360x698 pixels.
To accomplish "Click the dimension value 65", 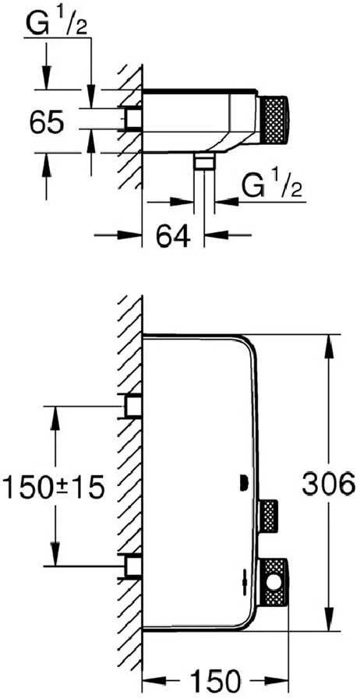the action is point(47,122).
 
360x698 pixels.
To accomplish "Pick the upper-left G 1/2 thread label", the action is point(51,23).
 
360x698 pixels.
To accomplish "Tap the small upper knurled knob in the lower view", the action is point(269,516).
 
